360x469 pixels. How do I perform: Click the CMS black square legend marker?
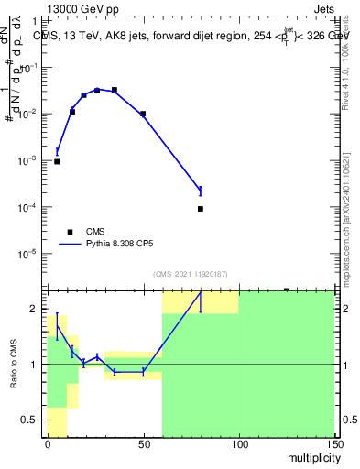(x=71, y=232)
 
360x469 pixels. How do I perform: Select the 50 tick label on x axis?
(x=143, y=444)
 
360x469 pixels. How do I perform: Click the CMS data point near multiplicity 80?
(x=200, y=209)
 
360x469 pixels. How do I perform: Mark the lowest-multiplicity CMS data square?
(x=57, y=161)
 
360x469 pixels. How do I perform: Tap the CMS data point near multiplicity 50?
(x=143, y=114)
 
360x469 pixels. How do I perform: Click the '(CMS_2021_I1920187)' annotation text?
(x=190, y=274)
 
